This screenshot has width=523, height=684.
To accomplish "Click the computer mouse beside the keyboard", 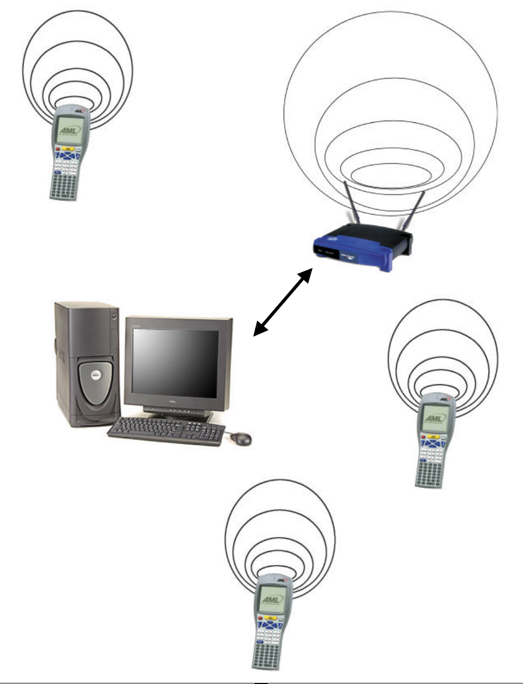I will click(x=241, y=438).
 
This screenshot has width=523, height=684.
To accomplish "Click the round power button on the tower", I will click(x=113, y=315).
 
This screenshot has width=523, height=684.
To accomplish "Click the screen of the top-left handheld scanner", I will click(x=69, y=130).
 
